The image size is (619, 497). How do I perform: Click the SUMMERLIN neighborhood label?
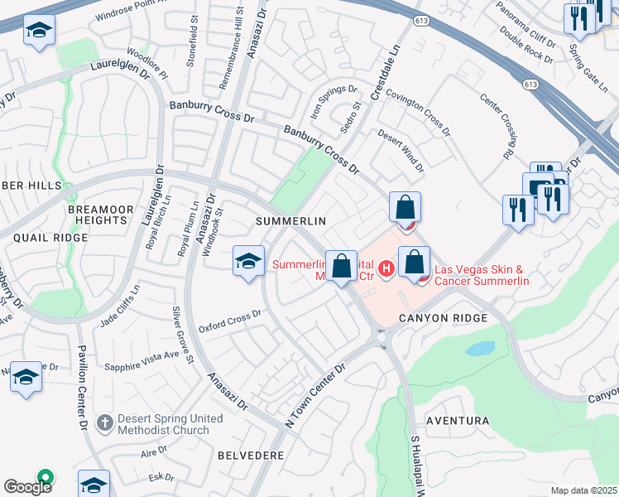pyautogui.click(x=290, y=221)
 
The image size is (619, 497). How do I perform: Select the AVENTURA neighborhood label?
pyautogui.click(x=458, y=421)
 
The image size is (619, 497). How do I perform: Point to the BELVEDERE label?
pyautogui.click(x=251, y=456)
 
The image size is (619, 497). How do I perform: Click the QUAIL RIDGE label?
pyautogui.click(x=50, y=238)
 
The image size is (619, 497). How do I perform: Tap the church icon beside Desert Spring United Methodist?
pyautogui.click(x=103, y=422)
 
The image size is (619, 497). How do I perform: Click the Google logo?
pyautogui.click(x=27, y=486)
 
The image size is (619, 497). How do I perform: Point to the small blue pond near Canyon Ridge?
pyautogui.click(x=480, y=348)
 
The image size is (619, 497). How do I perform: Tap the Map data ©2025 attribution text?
pyautogui.click(x=584, y=490)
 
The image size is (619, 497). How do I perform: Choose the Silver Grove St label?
pyautogui.click(x=183, y=335)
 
